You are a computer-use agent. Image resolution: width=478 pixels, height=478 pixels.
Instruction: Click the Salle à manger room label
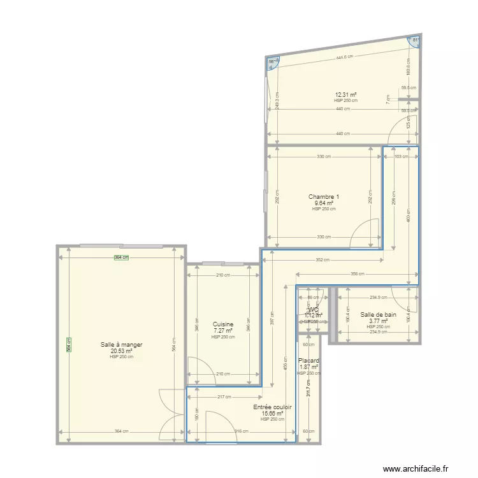point(121,345)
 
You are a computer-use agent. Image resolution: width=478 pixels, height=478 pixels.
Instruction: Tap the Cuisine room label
point(223,324)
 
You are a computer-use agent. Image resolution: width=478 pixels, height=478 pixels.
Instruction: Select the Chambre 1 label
point(324,196)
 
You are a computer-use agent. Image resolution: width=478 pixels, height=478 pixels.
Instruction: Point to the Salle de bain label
point(379,314)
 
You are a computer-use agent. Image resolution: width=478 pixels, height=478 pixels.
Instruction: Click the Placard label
point(308,361)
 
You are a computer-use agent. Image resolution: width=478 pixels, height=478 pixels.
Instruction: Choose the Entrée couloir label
point(272,407)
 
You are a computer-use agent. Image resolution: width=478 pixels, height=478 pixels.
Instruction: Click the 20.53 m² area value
point(121,351)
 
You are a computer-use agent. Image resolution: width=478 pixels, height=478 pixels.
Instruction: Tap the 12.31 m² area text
point(345,95)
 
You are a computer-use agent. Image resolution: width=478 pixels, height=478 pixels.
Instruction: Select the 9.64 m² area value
point(324,203)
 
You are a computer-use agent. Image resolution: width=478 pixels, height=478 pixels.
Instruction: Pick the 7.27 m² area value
point(223,331)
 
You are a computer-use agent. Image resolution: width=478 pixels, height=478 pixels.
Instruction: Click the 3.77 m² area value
point(379,321)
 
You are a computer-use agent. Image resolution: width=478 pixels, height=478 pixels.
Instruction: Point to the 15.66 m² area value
point(272,413)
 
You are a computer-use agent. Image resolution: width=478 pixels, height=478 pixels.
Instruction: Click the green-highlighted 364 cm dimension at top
point(121,257)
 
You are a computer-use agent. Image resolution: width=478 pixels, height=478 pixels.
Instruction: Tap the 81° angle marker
point(415,41)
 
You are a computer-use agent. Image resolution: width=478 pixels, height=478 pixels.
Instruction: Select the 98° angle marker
point(272,62)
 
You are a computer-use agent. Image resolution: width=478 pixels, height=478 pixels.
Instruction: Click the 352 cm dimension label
point(322,260)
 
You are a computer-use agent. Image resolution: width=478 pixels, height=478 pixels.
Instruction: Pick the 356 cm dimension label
point(357,275)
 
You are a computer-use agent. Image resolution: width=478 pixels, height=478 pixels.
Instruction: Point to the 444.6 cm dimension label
point(345,57)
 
